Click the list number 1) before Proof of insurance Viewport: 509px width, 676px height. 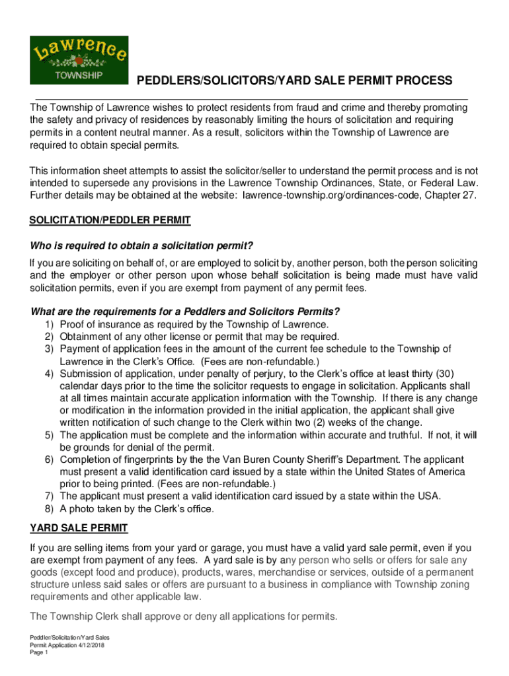tap(50, 324)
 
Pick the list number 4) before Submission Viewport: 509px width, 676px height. tap(50, 374)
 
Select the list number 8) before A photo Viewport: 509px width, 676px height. tap(50, 509)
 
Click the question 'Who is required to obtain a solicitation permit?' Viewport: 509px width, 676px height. tap(142, 247)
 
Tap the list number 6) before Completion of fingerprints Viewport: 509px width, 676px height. tap(50, 459)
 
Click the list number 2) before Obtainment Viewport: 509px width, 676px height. tap(50, 337)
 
